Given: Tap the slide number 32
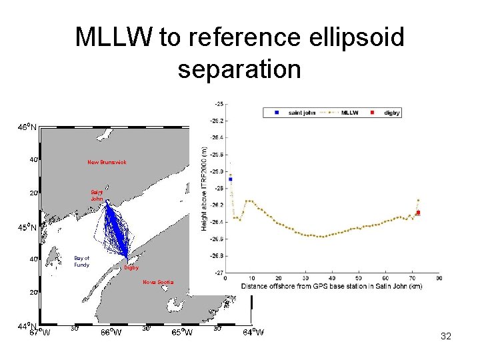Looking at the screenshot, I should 446,337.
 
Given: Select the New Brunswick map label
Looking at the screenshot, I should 107,162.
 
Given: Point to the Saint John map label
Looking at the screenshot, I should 97,195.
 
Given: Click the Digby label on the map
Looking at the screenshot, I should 131,268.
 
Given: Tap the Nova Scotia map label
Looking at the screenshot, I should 158,282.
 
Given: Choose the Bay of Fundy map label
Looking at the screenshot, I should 82,261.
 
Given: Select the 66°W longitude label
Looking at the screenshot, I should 111,332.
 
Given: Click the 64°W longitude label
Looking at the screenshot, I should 253,332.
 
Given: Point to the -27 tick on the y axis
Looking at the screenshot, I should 219,273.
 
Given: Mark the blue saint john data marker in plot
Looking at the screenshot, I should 230,179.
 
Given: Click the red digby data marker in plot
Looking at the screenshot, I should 418,213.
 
